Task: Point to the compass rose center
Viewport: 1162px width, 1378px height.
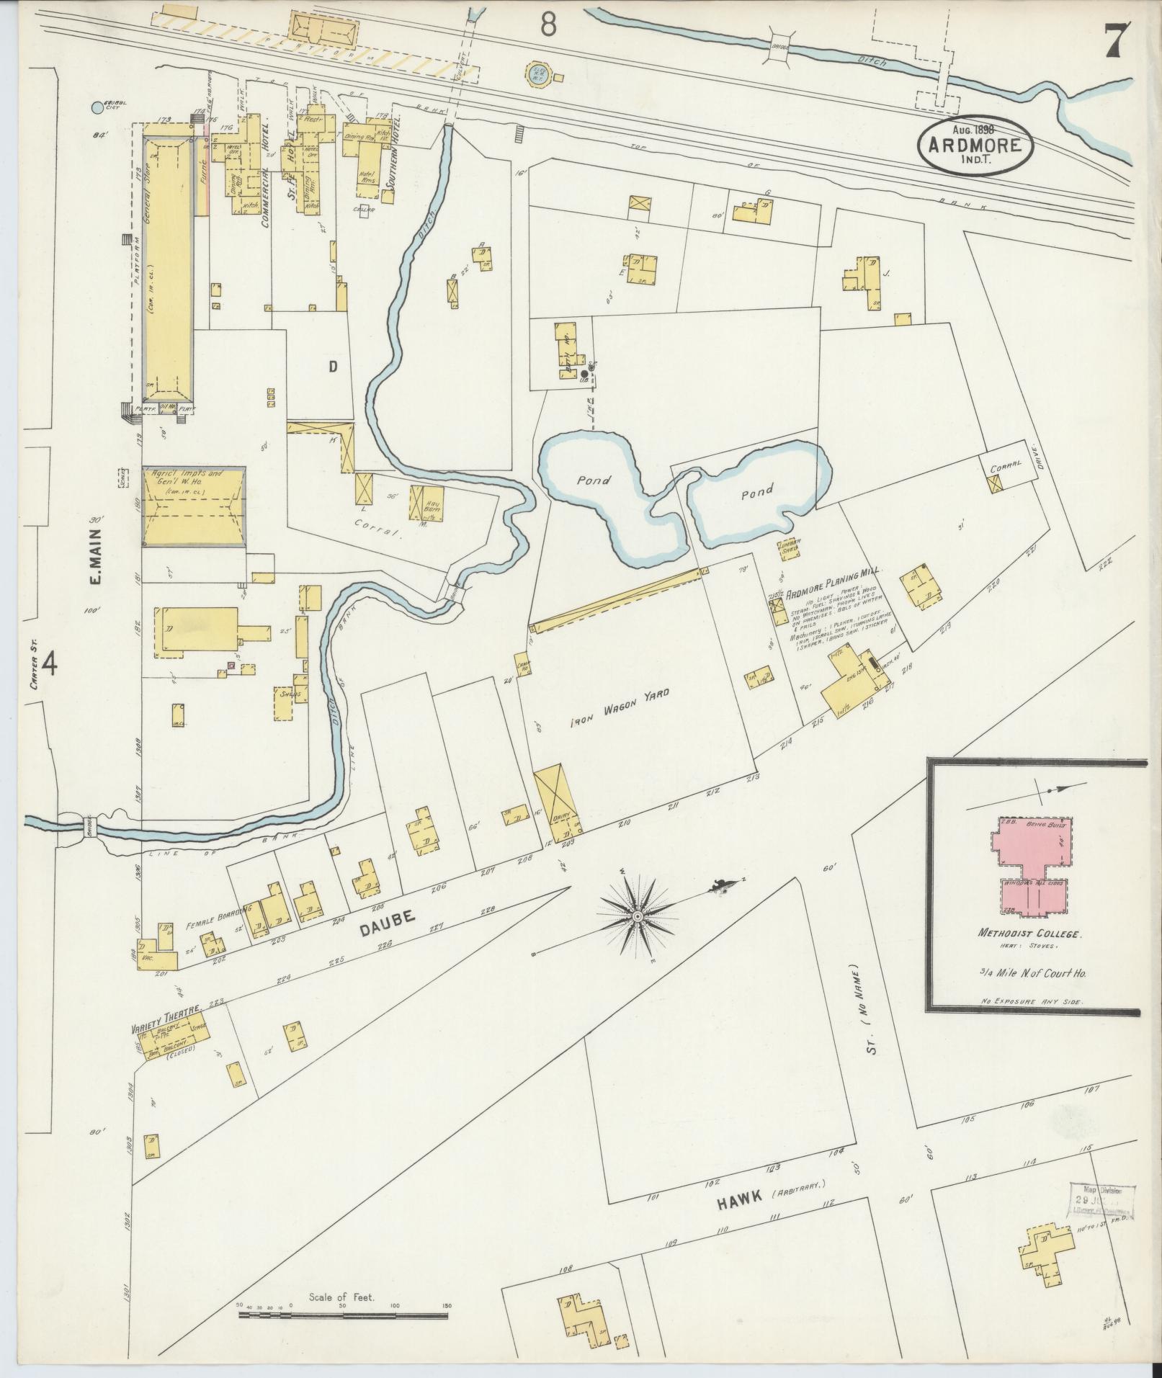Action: pyautogui.click(x=637, y=916)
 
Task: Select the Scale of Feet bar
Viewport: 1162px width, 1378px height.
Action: pyautogui.click(x=344, y=1315)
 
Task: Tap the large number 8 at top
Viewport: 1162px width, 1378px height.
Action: pyautogui.click(x=549, y=25)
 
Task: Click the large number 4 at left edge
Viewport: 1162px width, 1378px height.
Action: pyautogui.click(x=50, y=662)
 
